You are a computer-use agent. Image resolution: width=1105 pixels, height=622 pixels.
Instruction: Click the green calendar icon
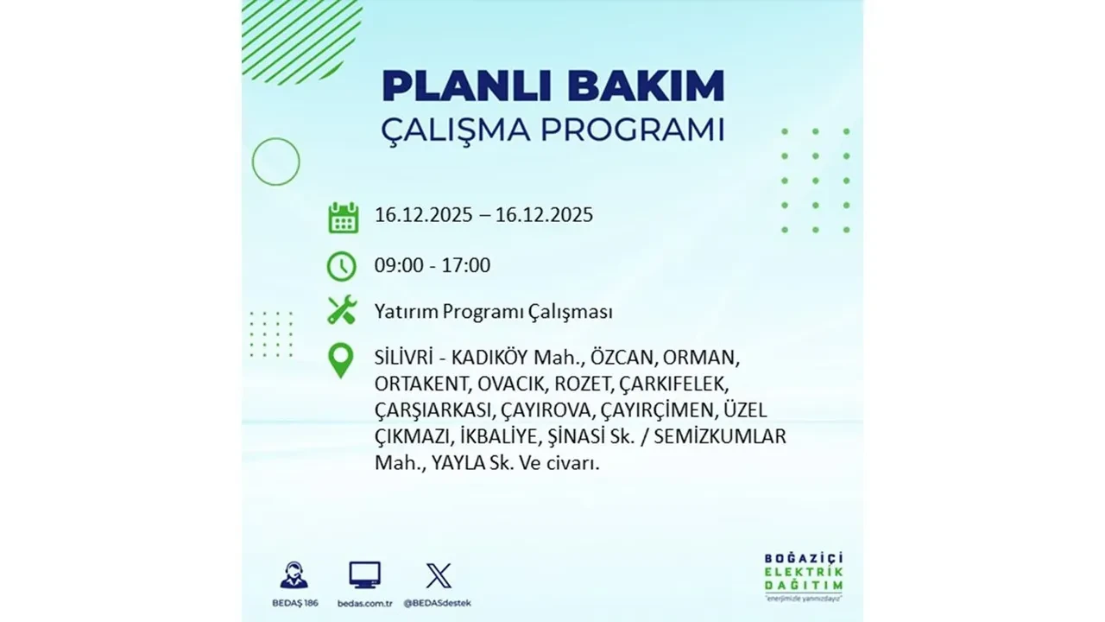point(343,218)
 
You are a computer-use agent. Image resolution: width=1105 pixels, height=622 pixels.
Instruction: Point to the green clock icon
point(342,266)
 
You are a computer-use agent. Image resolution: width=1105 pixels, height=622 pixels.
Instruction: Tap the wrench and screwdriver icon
point(342,310)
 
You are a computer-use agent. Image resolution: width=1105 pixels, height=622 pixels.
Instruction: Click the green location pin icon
point(342,361)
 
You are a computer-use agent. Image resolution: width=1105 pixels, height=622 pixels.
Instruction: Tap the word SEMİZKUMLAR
point(720,437)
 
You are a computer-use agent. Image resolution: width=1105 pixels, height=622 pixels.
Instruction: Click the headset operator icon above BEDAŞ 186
point(294,575)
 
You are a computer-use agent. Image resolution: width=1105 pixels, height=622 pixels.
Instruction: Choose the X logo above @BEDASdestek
point(439,575)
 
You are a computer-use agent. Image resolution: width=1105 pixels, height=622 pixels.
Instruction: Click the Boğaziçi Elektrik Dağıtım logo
point(803,574)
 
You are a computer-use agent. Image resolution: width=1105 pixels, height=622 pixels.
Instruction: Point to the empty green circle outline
point(275,162)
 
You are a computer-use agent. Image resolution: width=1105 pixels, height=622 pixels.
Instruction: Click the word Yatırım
point(406,311)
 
